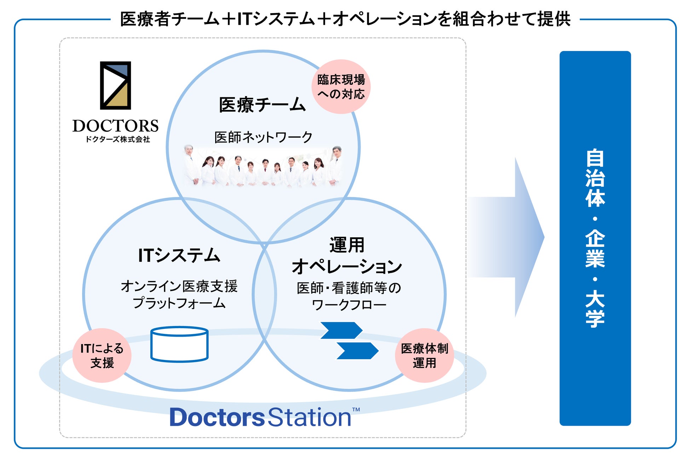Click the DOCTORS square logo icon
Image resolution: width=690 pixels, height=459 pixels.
coord(115,85)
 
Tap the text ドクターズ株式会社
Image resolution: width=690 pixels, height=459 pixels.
coord(117,139)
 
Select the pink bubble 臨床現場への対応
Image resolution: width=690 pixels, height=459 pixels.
coord(341,87)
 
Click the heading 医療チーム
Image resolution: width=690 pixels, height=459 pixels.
coord(262,105)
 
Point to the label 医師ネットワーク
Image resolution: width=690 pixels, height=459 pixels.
coord(263,137)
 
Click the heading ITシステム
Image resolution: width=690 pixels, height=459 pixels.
coord(179,255)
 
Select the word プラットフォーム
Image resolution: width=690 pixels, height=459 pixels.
coord(179,303)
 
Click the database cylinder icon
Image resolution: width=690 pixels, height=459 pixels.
coord(179,344)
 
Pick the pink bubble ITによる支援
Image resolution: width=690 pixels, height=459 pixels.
coord(102,355)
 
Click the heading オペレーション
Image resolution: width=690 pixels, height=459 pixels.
coord(347,266)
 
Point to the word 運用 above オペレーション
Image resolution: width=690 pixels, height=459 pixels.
coord(347,245)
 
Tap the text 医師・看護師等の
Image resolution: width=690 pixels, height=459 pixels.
coord(349,288)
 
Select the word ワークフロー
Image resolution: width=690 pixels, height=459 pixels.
coord(349,305)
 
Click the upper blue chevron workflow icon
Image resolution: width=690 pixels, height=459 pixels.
coord(341,330)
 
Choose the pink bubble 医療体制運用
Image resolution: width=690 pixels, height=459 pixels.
coord(424,355)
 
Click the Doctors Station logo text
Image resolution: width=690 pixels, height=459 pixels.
coord(260,417)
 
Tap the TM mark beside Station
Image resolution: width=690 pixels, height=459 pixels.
coord(356,409)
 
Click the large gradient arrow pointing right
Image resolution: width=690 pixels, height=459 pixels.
coord(510,237)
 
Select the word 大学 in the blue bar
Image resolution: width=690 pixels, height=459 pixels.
coord(595,308)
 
